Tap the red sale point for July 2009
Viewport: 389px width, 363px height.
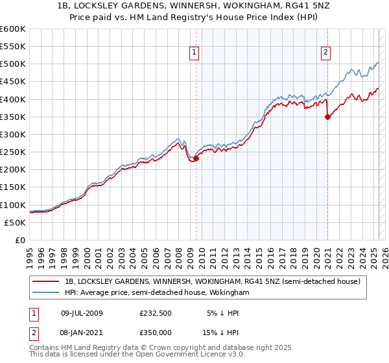196,158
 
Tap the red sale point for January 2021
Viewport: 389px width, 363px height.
327,117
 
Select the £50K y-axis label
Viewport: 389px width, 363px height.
16,222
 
